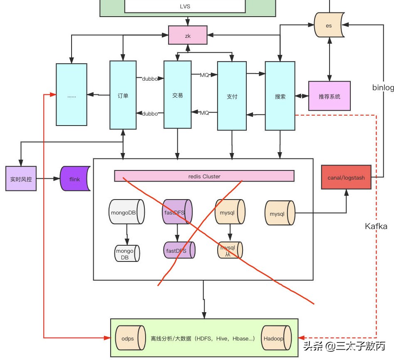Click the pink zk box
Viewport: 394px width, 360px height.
point(187,35)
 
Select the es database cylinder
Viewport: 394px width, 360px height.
point(329,26)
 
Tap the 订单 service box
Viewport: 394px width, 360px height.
point(123,95)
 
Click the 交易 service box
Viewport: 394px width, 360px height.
point(177,95)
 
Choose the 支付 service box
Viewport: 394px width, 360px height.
point(232,96)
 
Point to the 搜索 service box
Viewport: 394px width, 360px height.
point(280,96)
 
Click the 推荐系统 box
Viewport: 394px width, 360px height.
point(329,96)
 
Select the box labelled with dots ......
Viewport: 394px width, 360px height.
point(72,95)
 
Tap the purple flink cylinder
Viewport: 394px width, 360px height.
point(75,179)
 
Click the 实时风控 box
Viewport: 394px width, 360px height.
point(21,179)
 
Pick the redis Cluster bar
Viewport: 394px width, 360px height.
point(204,176)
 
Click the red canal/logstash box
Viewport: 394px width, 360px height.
point(346,178)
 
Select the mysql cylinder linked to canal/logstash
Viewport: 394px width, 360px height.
point(280,214)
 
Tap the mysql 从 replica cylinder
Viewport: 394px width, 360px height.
point(230,250)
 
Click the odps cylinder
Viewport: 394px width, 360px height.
point(128,338)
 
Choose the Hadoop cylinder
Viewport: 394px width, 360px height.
point(273,338)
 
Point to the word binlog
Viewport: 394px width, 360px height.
point(383,88)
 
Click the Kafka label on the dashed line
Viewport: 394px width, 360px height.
point(376,226)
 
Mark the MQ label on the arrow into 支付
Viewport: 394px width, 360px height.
point(204,75)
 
